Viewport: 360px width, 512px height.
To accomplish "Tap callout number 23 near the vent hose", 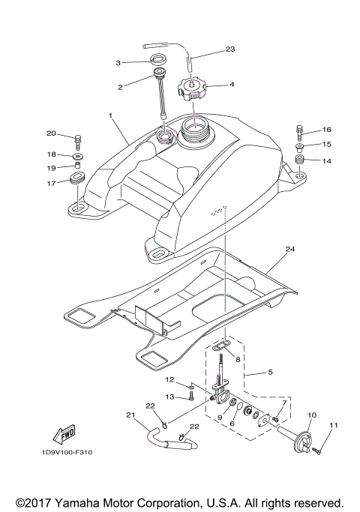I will click(x=230, y=49).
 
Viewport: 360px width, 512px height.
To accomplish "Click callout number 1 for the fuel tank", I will click(x=110, y=116).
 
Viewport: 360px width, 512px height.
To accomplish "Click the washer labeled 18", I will click(x=79, y=157).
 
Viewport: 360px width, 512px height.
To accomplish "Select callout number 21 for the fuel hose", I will click(x=130, y=415).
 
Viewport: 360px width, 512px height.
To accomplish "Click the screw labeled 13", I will click(x=192, y=397).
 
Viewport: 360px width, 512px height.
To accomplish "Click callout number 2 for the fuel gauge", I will click(x=120, y=87).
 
